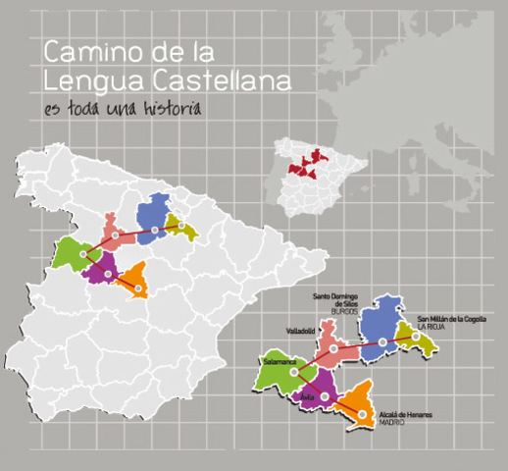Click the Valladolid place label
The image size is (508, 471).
click(300, 331)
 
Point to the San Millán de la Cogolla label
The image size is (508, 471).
click(451, 318)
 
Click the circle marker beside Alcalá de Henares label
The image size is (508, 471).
click(362, 414)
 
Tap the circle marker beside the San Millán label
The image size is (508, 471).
click(416, 338)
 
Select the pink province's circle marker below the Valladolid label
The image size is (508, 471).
click(333, 348)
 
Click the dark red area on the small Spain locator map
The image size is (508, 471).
click(306, 161)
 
